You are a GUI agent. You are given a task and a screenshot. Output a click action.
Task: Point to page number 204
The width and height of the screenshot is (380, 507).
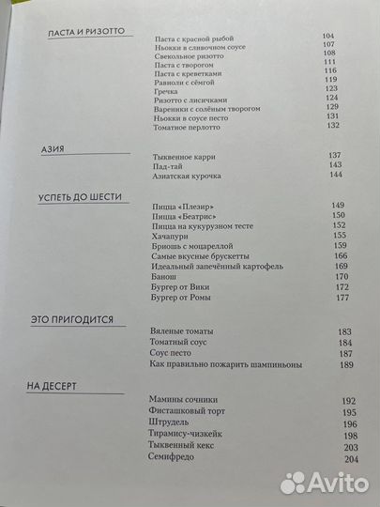[349, 458]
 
